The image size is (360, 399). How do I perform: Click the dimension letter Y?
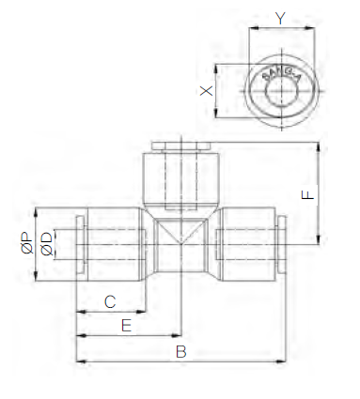280,18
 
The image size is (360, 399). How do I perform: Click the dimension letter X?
206,91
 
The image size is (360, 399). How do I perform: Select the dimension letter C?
110,302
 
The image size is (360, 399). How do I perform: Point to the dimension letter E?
126,326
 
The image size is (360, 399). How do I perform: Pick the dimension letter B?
181,352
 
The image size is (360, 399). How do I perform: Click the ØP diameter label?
27,243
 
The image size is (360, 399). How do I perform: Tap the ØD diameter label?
47,243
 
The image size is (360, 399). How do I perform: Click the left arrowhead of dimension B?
81,361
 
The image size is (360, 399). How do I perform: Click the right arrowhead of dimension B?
281,361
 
